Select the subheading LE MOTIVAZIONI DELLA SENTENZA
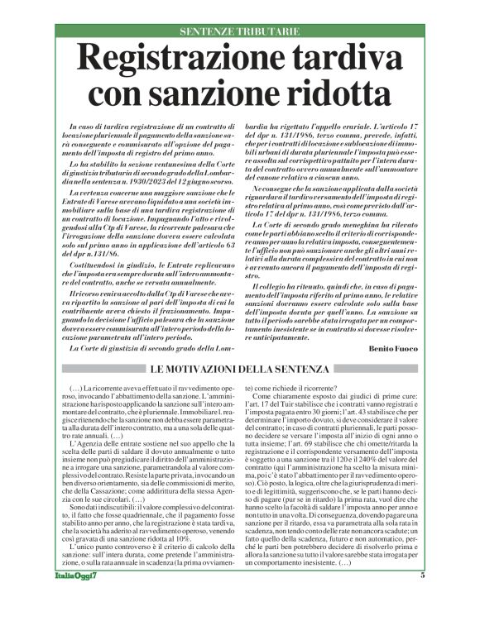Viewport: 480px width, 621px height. [x=239, y=365]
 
